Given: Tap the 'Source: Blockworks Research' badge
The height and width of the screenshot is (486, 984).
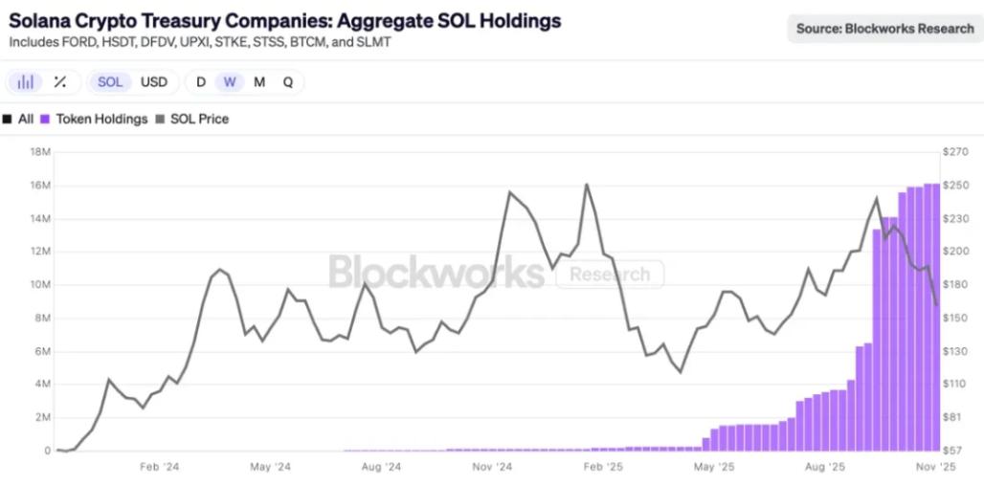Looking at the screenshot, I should click(x=884, y=29).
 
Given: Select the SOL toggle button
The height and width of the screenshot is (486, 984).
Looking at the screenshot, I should click(x=110, y=82).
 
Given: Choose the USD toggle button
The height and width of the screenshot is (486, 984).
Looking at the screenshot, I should click(x=154, y=82).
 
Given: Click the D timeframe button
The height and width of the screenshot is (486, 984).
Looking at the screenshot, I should click(x=201, y=82).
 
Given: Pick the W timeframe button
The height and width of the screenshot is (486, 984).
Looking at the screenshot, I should click(x=230, y=82).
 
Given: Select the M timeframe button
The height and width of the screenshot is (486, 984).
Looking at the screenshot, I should click(x=259, y=82).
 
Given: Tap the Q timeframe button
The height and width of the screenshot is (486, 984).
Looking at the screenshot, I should click(x=288, y=82).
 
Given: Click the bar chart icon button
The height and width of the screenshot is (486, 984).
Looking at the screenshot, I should click(x=26, y=82).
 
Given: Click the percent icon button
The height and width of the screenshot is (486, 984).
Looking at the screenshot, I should click(x=59, y=82).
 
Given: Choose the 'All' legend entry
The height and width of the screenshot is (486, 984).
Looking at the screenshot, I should click(x=19, y=120).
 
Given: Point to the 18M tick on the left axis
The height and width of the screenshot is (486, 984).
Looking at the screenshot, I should click(x=40, y=152).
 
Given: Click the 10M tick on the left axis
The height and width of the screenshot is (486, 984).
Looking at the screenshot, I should click(x=40, y=285).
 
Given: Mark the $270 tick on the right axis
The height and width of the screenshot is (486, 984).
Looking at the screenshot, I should click(x=955, y=152).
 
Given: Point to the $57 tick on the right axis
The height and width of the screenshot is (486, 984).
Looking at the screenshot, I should click(x=953, y=451).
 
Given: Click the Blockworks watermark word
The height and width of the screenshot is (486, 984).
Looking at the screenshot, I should click(x=436, y=272).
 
